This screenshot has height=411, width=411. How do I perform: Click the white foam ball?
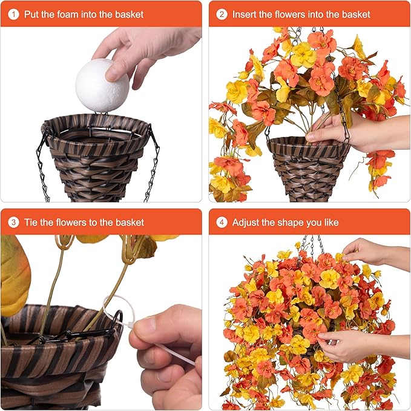pos(102,85)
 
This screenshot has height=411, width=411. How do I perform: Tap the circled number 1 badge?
pos(13,14)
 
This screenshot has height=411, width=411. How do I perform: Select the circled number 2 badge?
pos(222,14)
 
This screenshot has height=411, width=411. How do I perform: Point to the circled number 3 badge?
pos(13,222)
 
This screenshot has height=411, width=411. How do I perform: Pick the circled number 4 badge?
pos(222,222)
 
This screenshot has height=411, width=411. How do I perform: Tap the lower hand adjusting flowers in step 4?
pos(362,345)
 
